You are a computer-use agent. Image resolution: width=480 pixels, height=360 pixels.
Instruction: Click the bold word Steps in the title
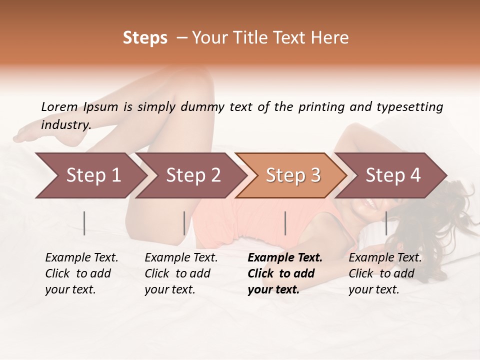(145, 38)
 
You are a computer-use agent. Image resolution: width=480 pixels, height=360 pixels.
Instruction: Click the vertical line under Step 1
(84, 223)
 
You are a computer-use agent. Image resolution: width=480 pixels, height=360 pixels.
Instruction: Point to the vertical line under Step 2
(184, 223)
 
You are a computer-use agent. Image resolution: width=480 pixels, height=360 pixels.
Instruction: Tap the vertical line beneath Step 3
(285, 223)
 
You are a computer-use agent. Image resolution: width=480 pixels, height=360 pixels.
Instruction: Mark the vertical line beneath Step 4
(386, 223)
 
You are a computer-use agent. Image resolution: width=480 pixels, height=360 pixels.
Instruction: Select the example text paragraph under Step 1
(81, 273)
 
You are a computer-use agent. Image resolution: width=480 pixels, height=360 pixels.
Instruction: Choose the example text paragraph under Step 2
(180, 273)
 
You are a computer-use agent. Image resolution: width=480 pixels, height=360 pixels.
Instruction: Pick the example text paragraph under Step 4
(384, 273)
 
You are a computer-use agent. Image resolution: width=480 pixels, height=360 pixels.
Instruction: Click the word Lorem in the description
(59, 107)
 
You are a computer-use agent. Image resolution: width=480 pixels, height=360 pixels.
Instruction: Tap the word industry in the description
(65, 125)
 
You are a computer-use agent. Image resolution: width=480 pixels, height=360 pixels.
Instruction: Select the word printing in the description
(321, 107)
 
